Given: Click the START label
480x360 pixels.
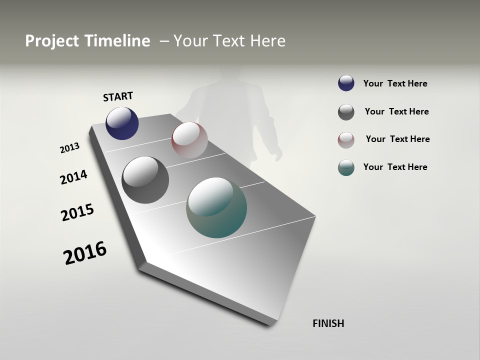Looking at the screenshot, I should [118, 96].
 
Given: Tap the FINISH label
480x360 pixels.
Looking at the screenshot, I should [328, 323].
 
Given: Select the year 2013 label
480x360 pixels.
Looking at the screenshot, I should [69, 148].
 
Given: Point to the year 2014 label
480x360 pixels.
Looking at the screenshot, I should [73, 177].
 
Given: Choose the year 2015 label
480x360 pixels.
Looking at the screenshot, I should [77, 212].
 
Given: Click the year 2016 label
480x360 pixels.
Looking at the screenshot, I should [85, 253].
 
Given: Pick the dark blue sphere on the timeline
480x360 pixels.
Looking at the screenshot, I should [122, 123].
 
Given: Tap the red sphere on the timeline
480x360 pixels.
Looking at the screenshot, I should [189, 140].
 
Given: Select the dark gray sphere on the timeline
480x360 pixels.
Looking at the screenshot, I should [145, 180].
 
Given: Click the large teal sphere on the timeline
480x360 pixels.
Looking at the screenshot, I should [216, 207].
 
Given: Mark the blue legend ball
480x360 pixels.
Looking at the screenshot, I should [346, 83].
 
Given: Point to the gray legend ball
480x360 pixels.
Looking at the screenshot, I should [346, 112].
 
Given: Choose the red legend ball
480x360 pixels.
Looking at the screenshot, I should [346, 139].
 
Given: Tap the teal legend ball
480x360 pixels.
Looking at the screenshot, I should [346, 167].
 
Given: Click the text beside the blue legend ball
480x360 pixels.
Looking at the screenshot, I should [395, 83].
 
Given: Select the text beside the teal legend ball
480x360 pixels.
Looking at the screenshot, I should [395, 167].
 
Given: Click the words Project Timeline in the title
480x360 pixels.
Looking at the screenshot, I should [87, 41].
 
